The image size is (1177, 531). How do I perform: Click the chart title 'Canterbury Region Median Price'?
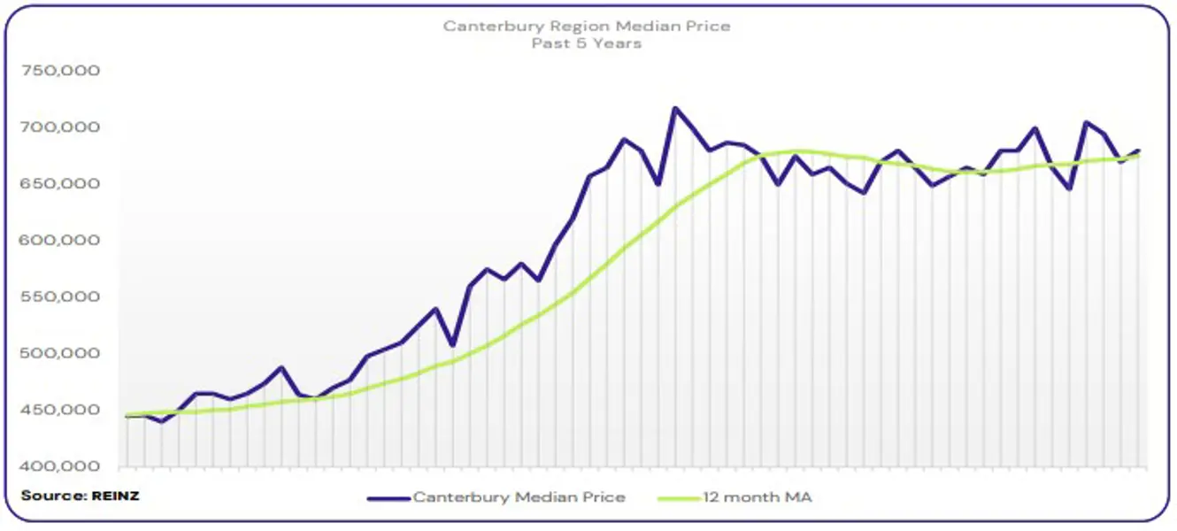[587, 26]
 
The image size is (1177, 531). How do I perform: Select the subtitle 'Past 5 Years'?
[587, 42]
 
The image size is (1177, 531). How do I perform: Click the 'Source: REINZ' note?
[80, 496]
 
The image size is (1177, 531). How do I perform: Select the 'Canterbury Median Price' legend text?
[519, 497]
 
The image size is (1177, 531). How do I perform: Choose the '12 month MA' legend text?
[757, 497]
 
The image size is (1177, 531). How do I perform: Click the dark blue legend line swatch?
[389, 498]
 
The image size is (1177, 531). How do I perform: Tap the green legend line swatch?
[679, 498]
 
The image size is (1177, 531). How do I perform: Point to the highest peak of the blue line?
[675, 108]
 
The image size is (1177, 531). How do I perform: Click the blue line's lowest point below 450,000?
[161, 421]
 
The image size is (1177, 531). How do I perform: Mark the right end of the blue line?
[1139, 151]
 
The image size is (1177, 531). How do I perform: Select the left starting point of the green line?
[127, 415]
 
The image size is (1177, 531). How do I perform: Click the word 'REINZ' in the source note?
[115, 496]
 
